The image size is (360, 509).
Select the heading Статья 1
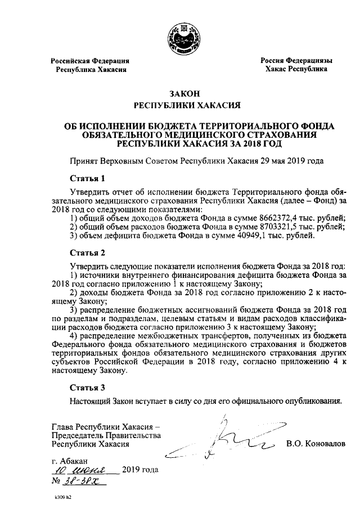pos(87,179)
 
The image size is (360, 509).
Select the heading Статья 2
pos(87,251)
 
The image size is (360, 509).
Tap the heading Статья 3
pos(87,388)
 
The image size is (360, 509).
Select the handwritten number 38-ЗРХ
pos(79,481)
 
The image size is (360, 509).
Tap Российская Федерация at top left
pos(91,60)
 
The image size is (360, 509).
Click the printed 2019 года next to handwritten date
pos(140,470)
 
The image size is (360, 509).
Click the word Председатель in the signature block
pos(78,435)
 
